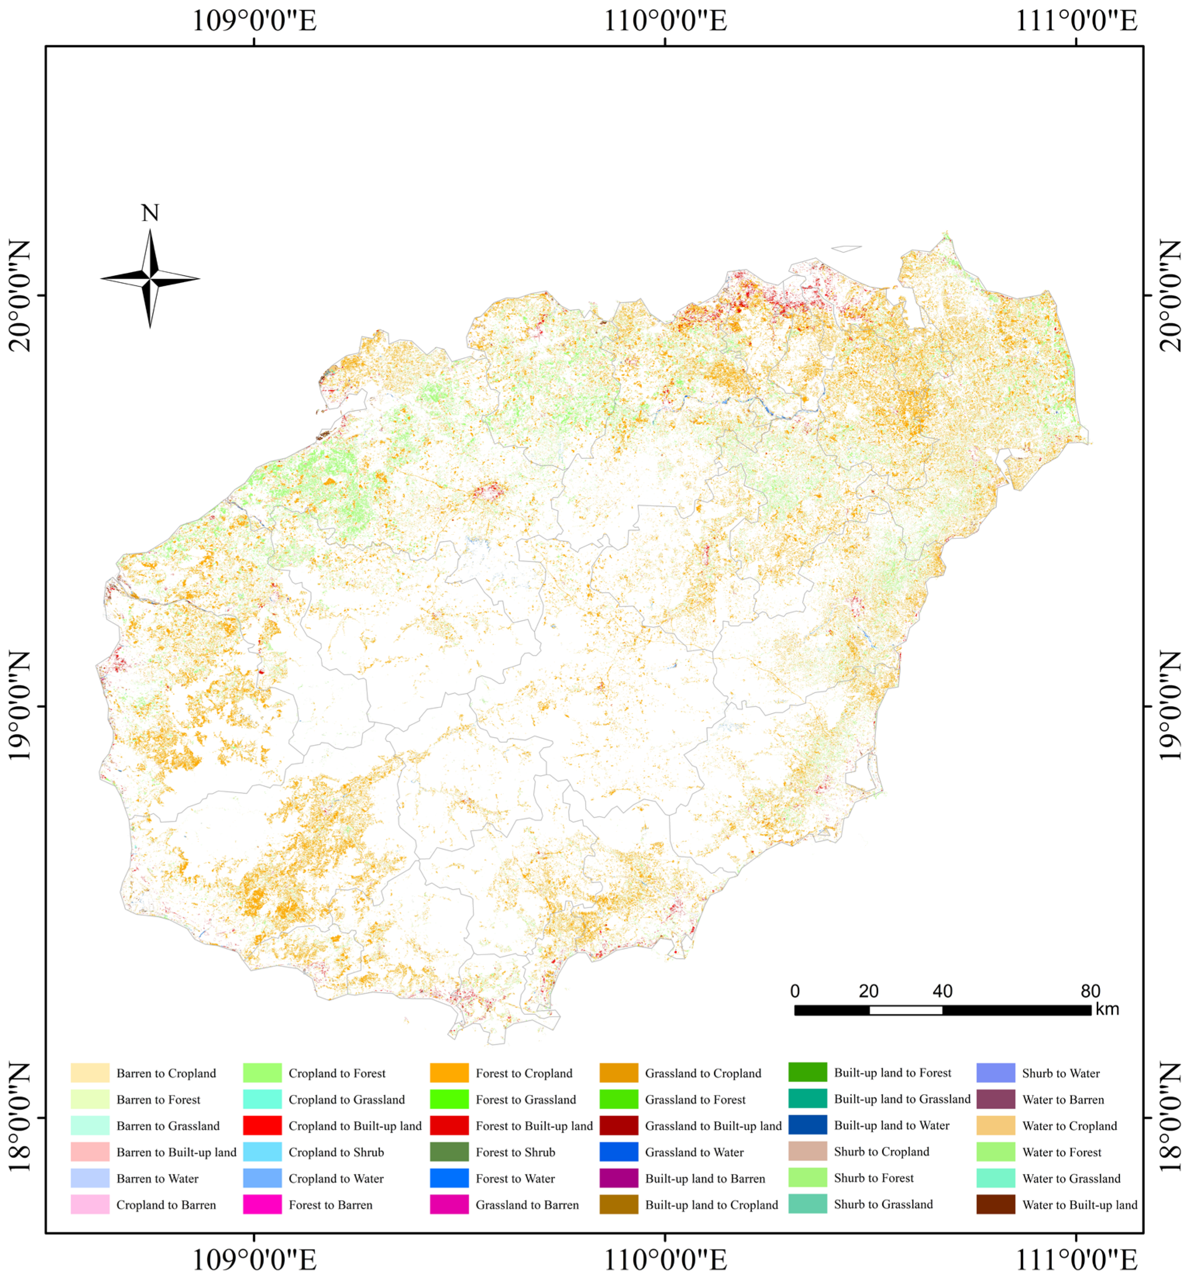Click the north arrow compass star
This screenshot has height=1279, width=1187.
coord(150,279)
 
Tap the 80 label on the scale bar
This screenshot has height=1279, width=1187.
coord(1090,991)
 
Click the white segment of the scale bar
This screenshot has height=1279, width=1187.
coord(906,1010)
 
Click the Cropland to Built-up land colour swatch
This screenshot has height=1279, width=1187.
coord(262,1126)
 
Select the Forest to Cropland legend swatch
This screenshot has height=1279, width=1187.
coord(449,1073)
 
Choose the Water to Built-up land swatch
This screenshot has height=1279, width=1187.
coord(996,1205)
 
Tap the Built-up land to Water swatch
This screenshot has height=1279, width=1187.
coord(807,1126)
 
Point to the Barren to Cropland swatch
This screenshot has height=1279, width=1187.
coord(90,1073)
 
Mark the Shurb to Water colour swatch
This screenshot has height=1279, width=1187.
coord(996,1073)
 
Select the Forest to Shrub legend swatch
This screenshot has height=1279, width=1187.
coord(449,1152)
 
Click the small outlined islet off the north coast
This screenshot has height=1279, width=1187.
coord(846,248)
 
